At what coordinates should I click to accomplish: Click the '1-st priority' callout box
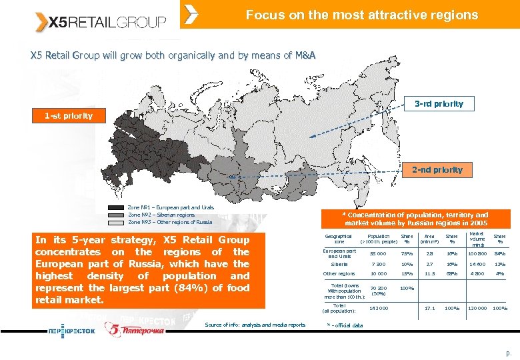69,116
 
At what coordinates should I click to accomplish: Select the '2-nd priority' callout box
437,170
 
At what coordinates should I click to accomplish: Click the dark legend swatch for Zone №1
117,208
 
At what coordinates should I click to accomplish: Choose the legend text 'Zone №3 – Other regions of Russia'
169,222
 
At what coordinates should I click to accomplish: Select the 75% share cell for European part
407,253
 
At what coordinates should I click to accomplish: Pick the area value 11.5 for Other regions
430,274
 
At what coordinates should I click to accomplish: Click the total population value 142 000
378,308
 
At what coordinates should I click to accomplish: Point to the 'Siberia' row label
339,264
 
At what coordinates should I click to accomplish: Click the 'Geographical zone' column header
339,238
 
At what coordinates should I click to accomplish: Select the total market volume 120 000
477,308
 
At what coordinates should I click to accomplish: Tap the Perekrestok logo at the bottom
71,329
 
